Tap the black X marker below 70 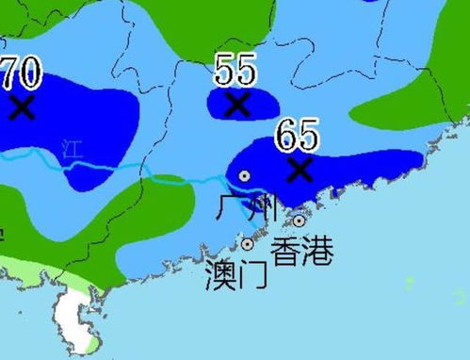pyautogui.click(x=22, y=106)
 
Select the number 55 pyautogui.click(x=235, y=70)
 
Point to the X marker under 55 pyautogui.click(x=238, y=103)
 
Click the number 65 pyautogui.click(x=297, y=136)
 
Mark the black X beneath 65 pyautogui.click(x=300, y=170)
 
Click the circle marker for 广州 pyautogui.click(x=244, y=175)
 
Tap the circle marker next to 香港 pyautogui.click(x=299, y=221)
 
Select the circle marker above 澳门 pyautogui.click(x=248, y=244)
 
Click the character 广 pyautogui.click(x=230, y=208)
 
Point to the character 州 pyautogui.click(x=262, y=208)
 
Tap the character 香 pyautogui.click(x=286, y=251)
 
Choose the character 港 pyautogui.click(x=318, y=251)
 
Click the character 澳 pyautogui.click(x=220, y=274)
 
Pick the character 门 pyautogui.click(x=252, y=274)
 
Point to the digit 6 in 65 pyautogui.click(x=286, y=136)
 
